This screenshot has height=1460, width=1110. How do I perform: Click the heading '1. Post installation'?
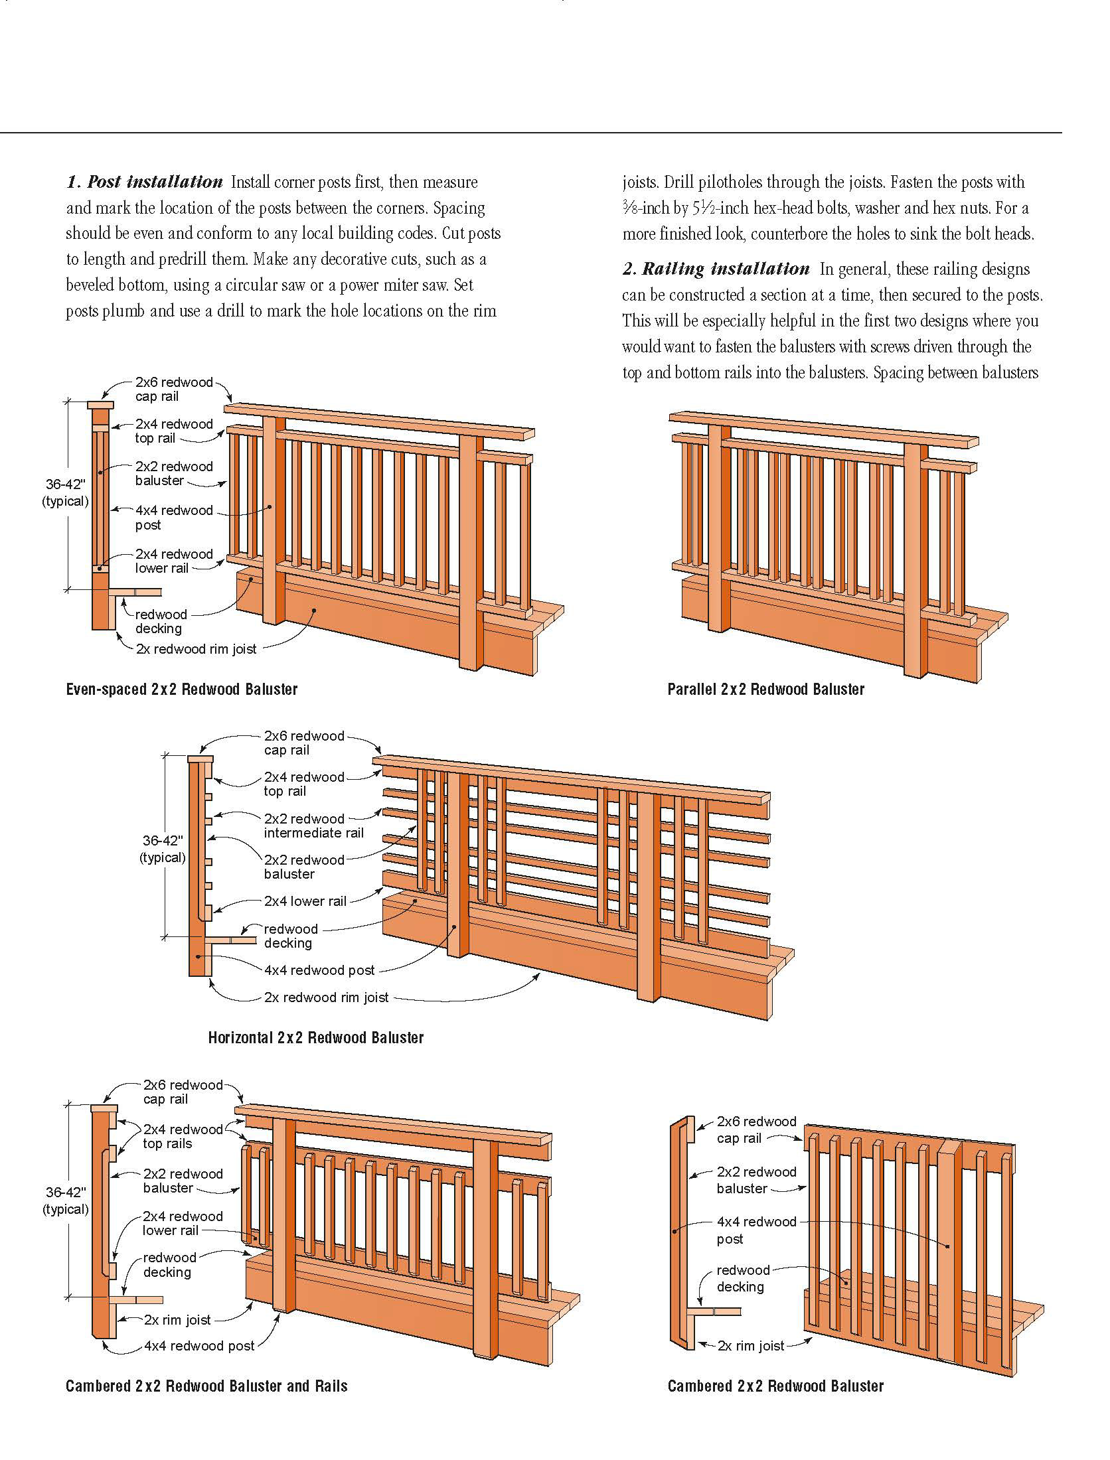coord(145,182)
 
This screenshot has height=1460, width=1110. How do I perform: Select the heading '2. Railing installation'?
coord(716,269)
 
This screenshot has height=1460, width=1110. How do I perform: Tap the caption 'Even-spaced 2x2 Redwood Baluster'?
coord(182,690)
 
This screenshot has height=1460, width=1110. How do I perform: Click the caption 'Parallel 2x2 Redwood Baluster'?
coord(766,690)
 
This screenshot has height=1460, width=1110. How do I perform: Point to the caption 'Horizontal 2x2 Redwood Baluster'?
coord(316,1037)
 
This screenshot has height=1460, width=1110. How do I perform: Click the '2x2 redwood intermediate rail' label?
coord(313,826)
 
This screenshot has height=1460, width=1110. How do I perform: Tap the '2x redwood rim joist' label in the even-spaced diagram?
coord(196,649)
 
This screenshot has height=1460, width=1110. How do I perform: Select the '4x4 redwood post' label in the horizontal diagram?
coord(319,970)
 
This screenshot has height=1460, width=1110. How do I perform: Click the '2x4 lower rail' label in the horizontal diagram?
coord(305,901)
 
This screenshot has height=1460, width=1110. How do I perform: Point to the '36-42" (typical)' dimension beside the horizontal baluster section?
coord(163,849)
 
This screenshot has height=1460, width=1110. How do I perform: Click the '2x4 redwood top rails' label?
coord(183,1136)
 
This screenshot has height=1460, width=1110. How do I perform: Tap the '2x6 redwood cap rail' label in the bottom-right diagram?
coord(756,1130)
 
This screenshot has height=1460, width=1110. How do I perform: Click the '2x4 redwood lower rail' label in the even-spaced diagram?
coord(174,561)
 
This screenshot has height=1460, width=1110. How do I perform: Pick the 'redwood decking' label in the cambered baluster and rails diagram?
coord(169,1265)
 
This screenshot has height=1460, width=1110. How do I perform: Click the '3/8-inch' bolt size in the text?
coord(644,208)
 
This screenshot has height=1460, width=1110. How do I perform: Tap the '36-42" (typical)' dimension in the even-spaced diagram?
coord(65,493)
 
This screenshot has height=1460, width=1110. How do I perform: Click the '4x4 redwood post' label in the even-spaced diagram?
coord(174,518)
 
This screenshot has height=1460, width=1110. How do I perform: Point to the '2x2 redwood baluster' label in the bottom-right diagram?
coord(756,1180)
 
